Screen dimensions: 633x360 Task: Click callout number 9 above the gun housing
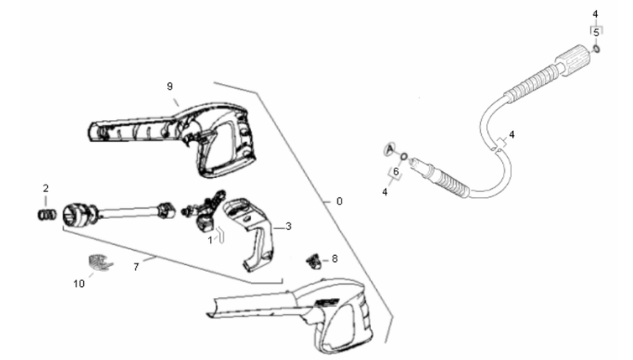170,86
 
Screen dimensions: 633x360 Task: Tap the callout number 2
45,188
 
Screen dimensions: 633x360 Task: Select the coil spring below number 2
47,215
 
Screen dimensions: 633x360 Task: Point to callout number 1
210,241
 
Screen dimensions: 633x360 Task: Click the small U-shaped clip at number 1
221,235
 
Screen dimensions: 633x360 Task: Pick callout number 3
288,227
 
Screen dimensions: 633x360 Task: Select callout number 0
339,201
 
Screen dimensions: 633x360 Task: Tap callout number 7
136,267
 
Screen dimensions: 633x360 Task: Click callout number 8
335,258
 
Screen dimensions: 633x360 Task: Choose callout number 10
79,284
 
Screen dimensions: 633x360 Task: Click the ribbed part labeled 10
100,263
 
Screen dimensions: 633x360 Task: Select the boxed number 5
596,33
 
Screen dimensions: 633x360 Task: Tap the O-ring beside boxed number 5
596,50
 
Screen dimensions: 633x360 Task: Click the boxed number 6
395,172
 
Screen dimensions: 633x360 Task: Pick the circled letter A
390,149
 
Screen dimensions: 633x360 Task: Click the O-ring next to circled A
403,156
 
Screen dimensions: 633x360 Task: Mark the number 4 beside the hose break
512,134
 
